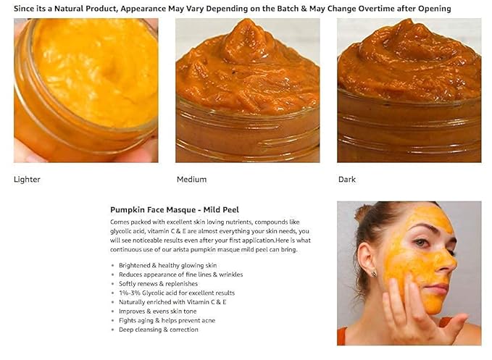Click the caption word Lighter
(x=27, y=180)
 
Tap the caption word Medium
(x=192, y=180)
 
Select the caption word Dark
(x=347, y=180)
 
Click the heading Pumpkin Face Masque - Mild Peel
(x=175, y=210)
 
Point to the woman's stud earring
(x=374, y=274)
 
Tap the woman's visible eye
(x=422, y=243)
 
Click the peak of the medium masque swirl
(x=247, y=20)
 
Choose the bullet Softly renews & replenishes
(x=158, y=284)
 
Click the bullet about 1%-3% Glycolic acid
(x=177, y=293)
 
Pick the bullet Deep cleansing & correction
(x=159, y=330)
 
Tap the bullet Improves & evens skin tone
(x=157, y=311)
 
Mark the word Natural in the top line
(x=69, y=9)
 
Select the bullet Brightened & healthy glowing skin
(x=167, y=266)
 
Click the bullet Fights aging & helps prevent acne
(x=167, y=320)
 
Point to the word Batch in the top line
(x=288, y=9)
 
